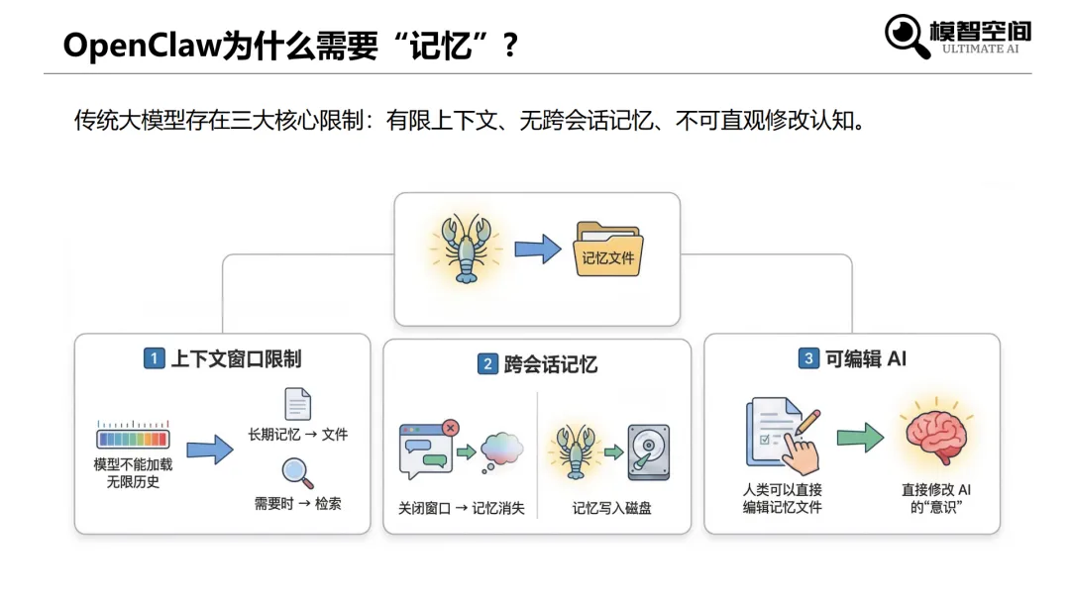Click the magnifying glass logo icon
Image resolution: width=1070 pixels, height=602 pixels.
[x=907, y=36]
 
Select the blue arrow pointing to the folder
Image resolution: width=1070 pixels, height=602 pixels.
[x=538, y=250]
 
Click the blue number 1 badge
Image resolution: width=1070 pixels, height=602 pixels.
[x=154, y=358]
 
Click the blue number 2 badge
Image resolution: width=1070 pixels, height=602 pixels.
[x=486, y=364]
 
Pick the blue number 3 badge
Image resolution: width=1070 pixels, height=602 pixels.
[x=808, y=358]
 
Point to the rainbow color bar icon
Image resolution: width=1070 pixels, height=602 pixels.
[x=133, y=437]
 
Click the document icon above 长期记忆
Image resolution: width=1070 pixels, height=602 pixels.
[x=297, y=404]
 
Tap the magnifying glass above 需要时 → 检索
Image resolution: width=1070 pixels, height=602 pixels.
[x=297, y=472]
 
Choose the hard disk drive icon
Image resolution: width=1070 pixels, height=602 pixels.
[x=648, y=451]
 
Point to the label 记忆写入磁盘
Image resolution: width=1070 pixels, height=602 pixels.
[x=612, y=509]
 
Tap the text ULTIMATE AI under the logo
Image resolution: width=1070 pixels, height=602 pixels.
[x=980, y=49]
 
